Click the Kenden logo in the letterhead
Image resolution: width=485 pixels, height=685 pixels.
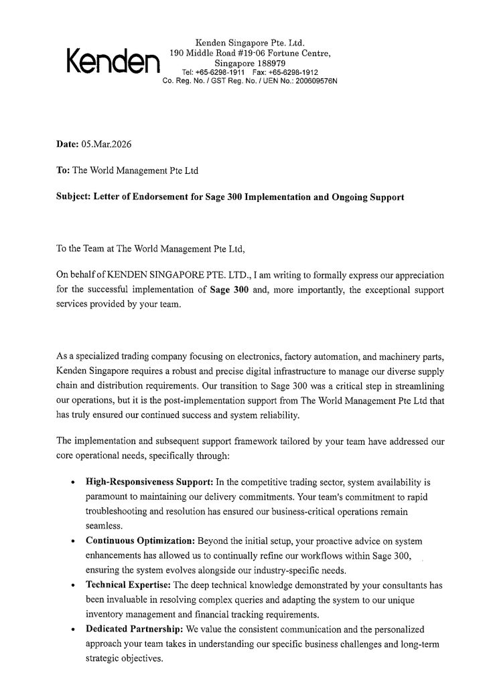(x=112, y=62)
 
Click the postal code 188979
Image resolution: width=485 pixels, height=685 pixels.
(x=263, y=63)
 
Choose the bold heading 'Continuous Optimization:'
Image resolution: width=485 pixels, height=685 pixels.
(x=137, y=540)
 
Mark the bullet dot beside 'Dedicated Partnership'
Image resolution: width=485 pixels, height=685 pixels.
(x=72, y=630)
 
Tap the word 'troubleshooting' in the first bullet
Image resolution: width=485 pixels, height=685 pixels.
(x=118, y=511)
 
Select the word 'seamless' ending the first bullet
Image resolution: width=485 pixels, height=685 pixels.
(x=103, y=526)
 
